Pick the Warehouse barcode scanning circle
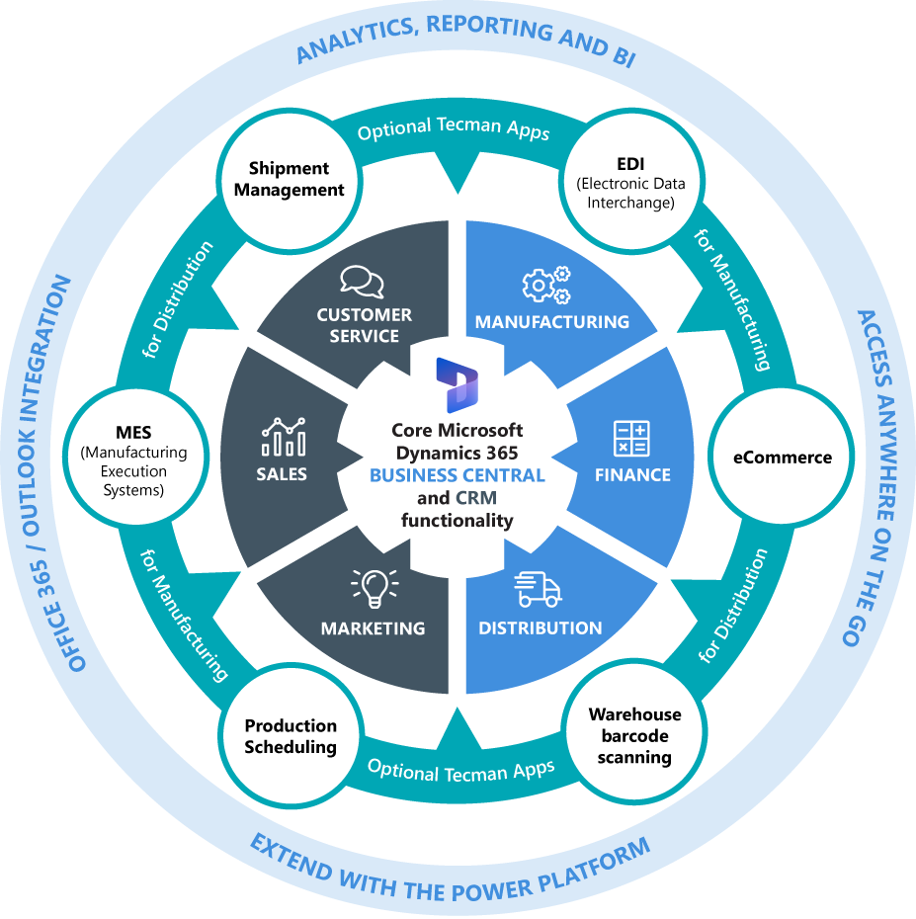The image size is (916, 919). (634, 736)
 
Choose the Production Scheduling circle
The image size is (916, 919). (291, 736)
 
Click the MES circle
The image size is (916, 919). (133, 458)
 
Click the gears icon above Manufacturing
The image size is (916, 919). (546, 285)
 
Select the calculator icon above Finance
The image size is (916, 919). (631, 438)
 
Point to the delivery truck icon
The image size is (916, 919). (538, 590)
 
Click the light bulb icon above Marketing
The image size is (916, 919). (375, 588)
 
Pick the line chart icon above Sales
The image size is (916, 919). (283, 436)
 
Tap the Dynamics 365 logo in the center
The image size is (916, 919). (457, 384)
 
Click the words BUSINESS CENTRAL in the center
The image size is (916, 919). (457, 475)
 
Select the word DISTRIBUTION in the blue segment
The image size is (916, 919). (540, 628)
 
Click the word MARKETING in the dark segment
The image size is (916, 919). (373, 628)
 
